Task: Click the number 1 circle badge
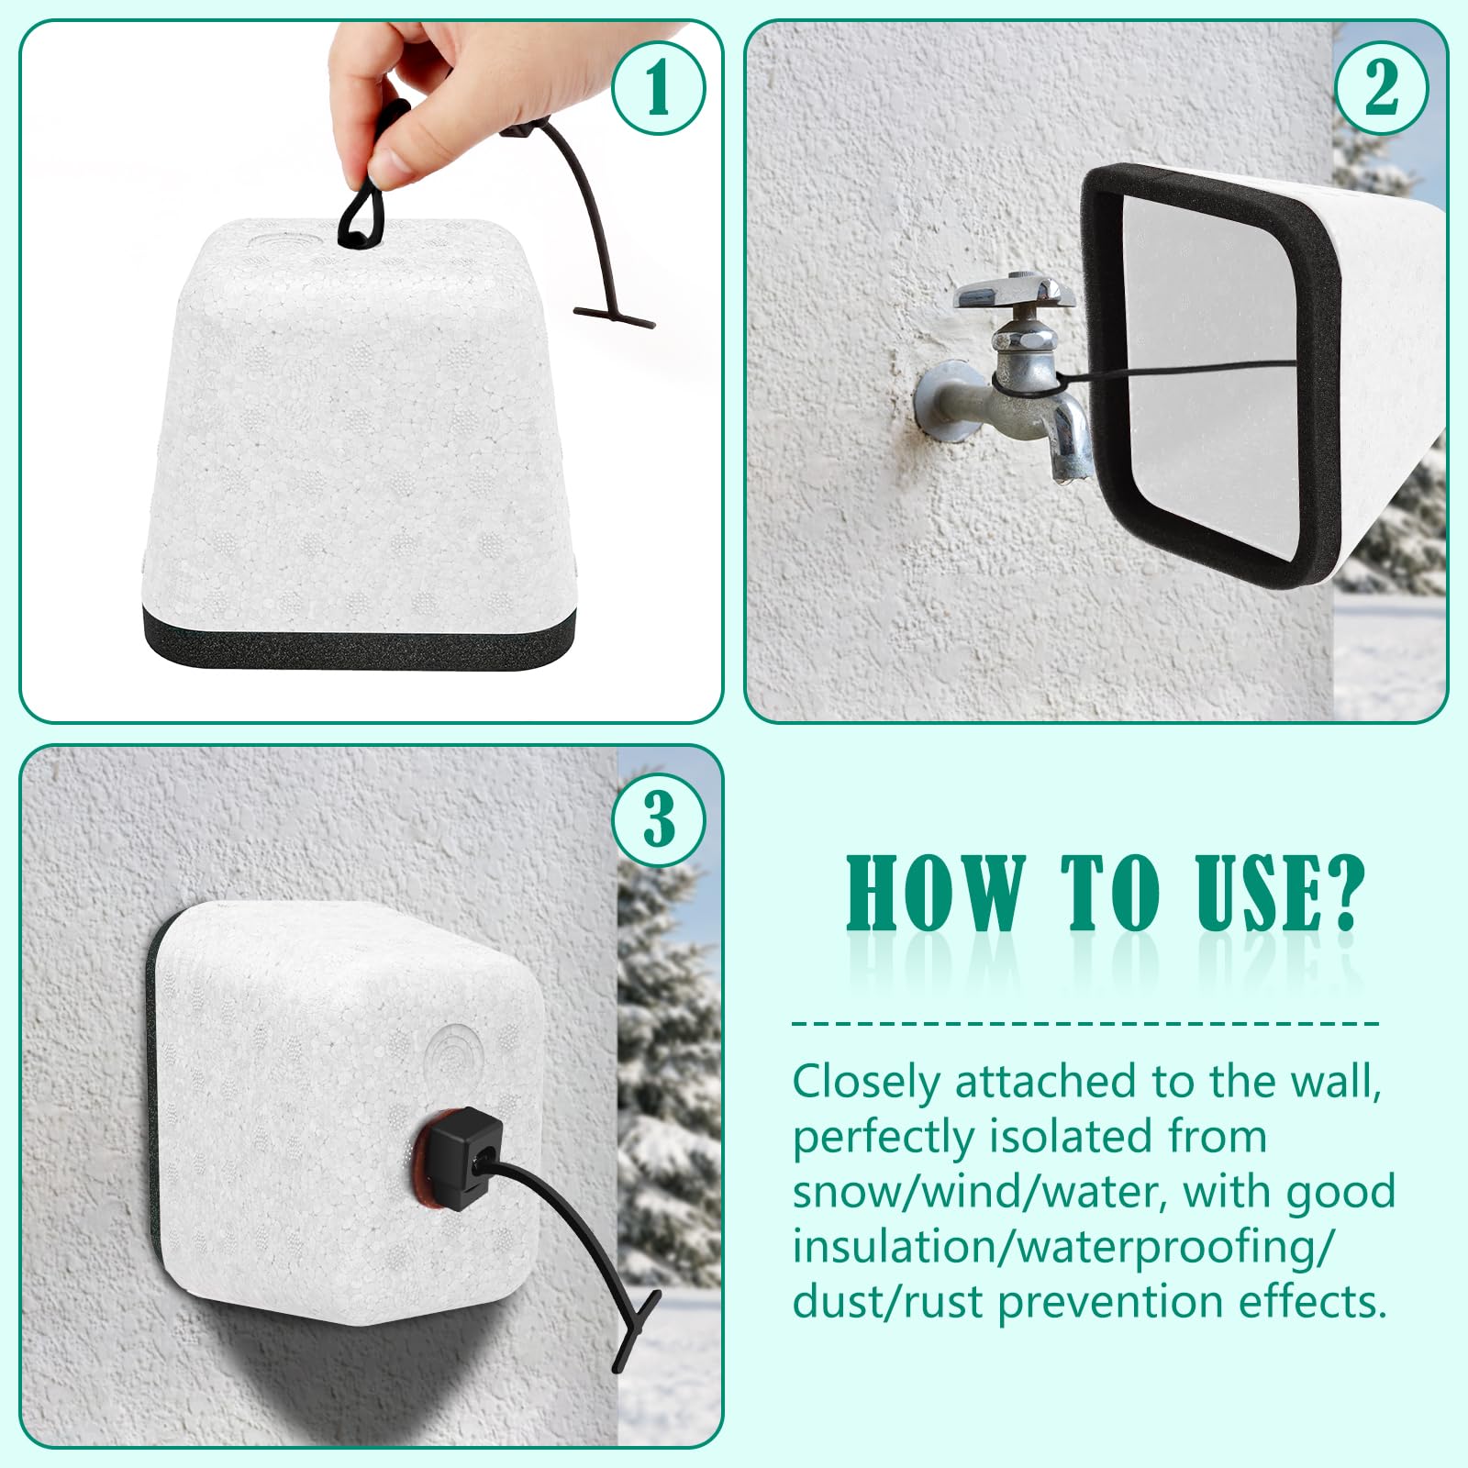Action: [x=658, y=88]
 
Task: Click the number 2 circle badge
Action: [x=1381, y=88]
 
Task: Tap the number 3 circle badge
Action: [x=658, y=818]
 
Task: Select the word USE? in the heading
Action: [x=1281, y=893]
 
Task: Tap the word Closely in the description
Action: [x=867, y=1084]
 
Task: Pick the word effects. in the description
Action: [x=1311, y=1302]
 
